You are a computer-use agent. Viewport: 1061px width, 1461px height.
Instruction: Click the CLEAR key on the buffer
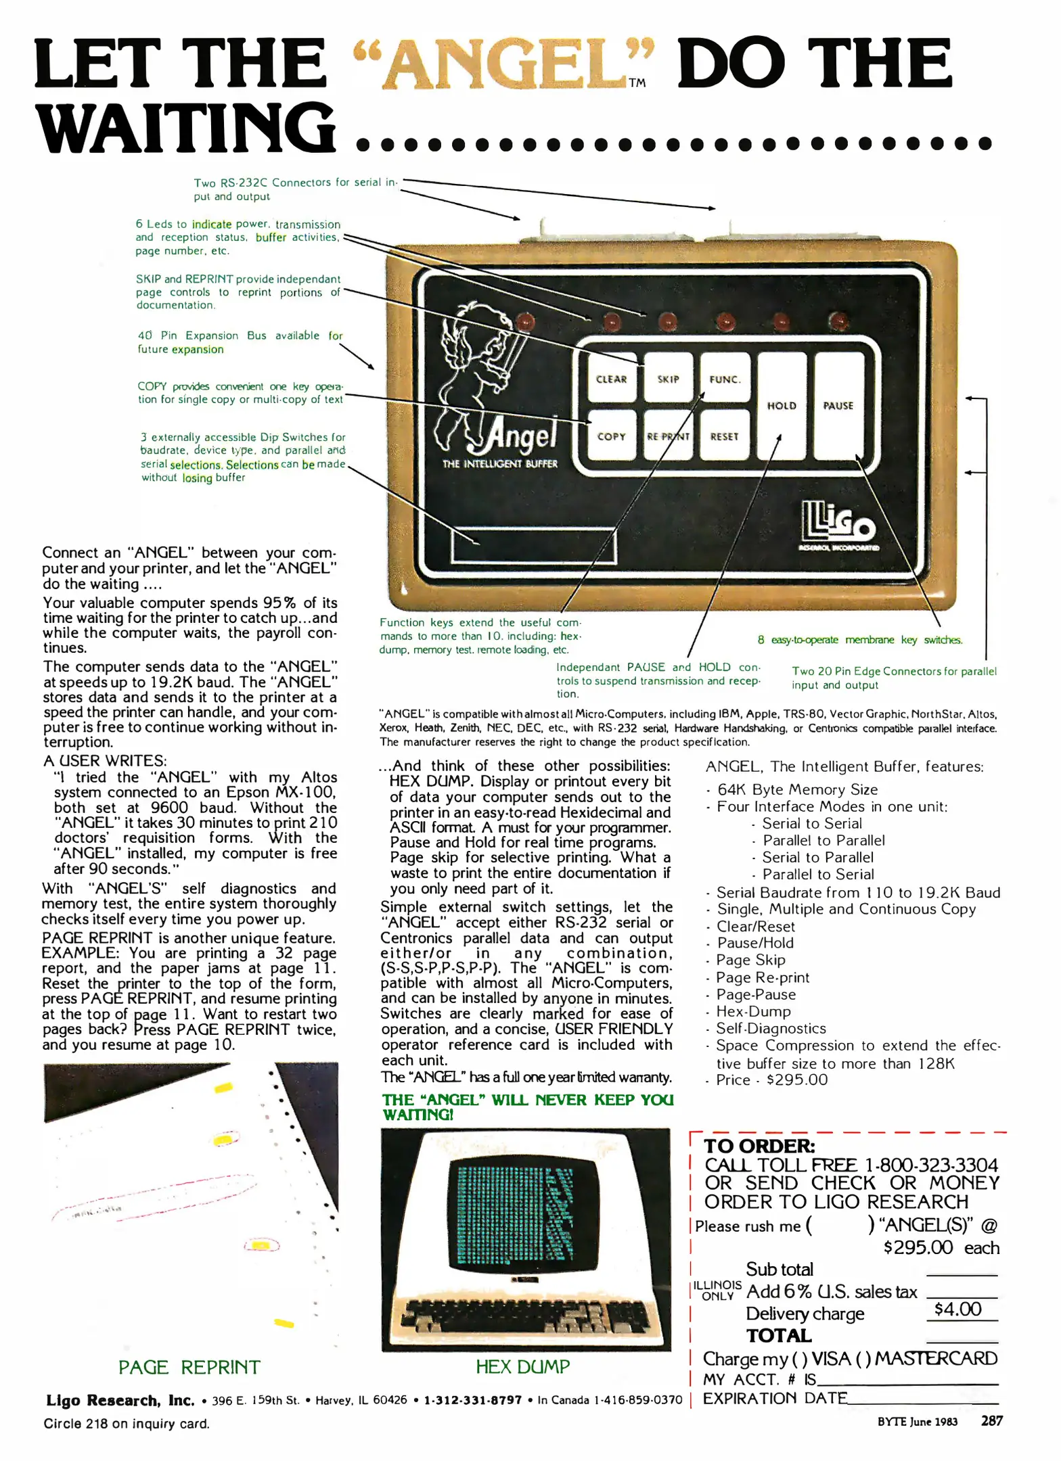pos(611,379)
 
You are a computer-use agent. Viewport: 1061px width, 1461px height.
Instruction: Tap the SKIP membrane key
pos(668,379)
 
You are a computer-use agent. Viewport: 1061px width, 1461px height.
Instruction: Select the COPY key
pos(611,436)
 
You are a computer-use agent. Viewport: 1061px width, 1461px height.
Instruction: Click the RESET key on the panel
pos(724,436)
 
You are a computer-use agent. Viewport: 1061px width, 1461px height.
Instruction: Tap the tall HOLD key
pos(782,406)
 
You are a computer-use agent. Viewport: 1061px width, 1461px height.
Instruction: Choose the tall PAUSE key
pos(838,406)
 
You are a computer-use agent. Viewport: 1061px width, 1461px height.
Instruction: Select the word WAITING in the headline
pos(186,129)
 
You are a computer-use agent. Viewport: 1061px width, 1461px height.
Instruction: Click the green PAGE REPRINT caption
pos(189,1367)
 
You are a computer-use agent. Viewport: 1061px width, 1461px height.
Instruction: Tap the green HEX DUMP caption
pos(522,1366)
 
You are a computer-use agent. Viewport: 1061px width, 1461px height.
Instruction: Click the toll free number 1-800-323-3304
pos(931,1165)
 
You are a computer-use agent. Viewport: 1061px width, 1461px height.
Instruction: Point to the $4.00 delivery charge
pos(957,1309)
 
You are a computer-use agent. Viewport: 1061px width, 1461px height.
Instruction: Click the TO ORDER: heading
pos(759,1146)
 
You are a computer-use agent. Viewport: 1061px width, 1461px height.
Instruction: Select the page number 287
pos(991,1420)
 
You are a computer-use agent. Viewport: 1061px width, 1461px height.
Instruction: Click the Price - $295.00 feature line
pos(771,1080)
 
